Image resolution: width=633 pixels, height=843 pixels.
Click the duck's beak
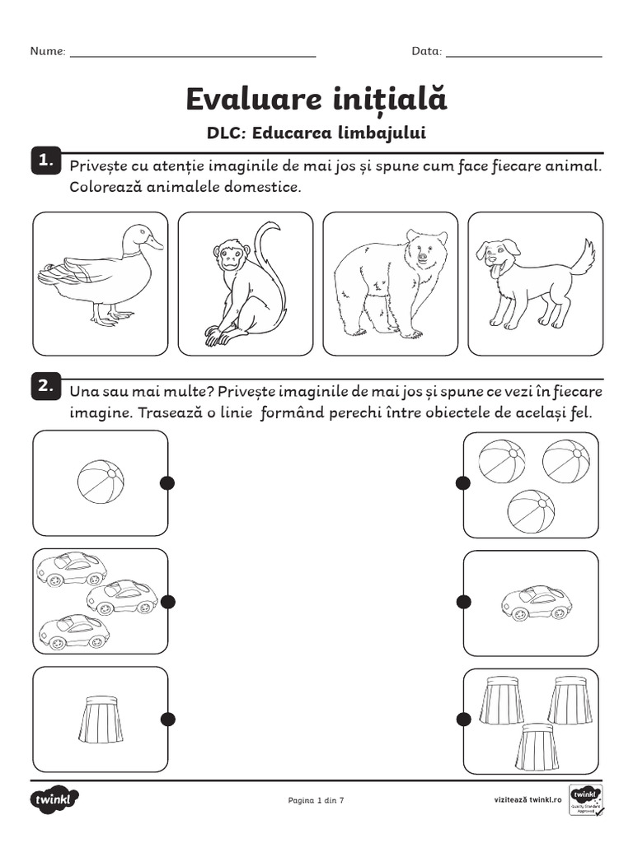coord(154,244)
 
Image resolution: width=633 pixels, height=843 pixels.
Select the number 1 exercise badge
coord(45,160)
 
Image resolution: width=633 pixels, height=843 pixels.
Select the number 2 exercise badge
coord(45,384)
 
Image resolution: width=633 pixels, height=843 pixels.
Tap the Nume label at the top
coord(48,51)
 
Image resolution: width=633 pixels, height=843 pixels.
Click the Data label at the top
coord(427,51)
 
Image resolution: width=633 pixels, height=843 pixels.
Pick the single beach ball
coord(101,482)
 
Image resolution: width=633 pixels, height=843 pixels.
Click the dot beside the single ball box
coord(167,482)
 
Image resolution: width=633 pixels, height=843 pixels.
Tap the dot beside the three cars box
coord(167,603)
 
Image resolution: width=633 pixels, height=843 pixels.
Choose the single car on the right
coord(537,603)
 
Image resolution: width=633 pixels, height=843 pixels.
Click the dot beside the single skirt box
coord(167,719)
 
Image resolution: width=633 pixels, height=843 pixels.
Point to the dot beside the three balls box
coord(463,482)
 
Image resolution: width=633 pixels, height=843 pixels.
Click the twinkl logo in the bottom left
coord(55,799)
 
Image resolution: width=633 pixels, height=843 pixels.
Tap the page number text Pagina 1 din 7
coord(316,799)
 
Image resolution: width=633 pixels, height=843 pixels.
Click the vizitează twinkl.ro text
coord(527,799)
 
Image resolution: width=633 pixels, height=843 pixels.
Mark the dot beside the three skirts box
coord(463,719)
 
